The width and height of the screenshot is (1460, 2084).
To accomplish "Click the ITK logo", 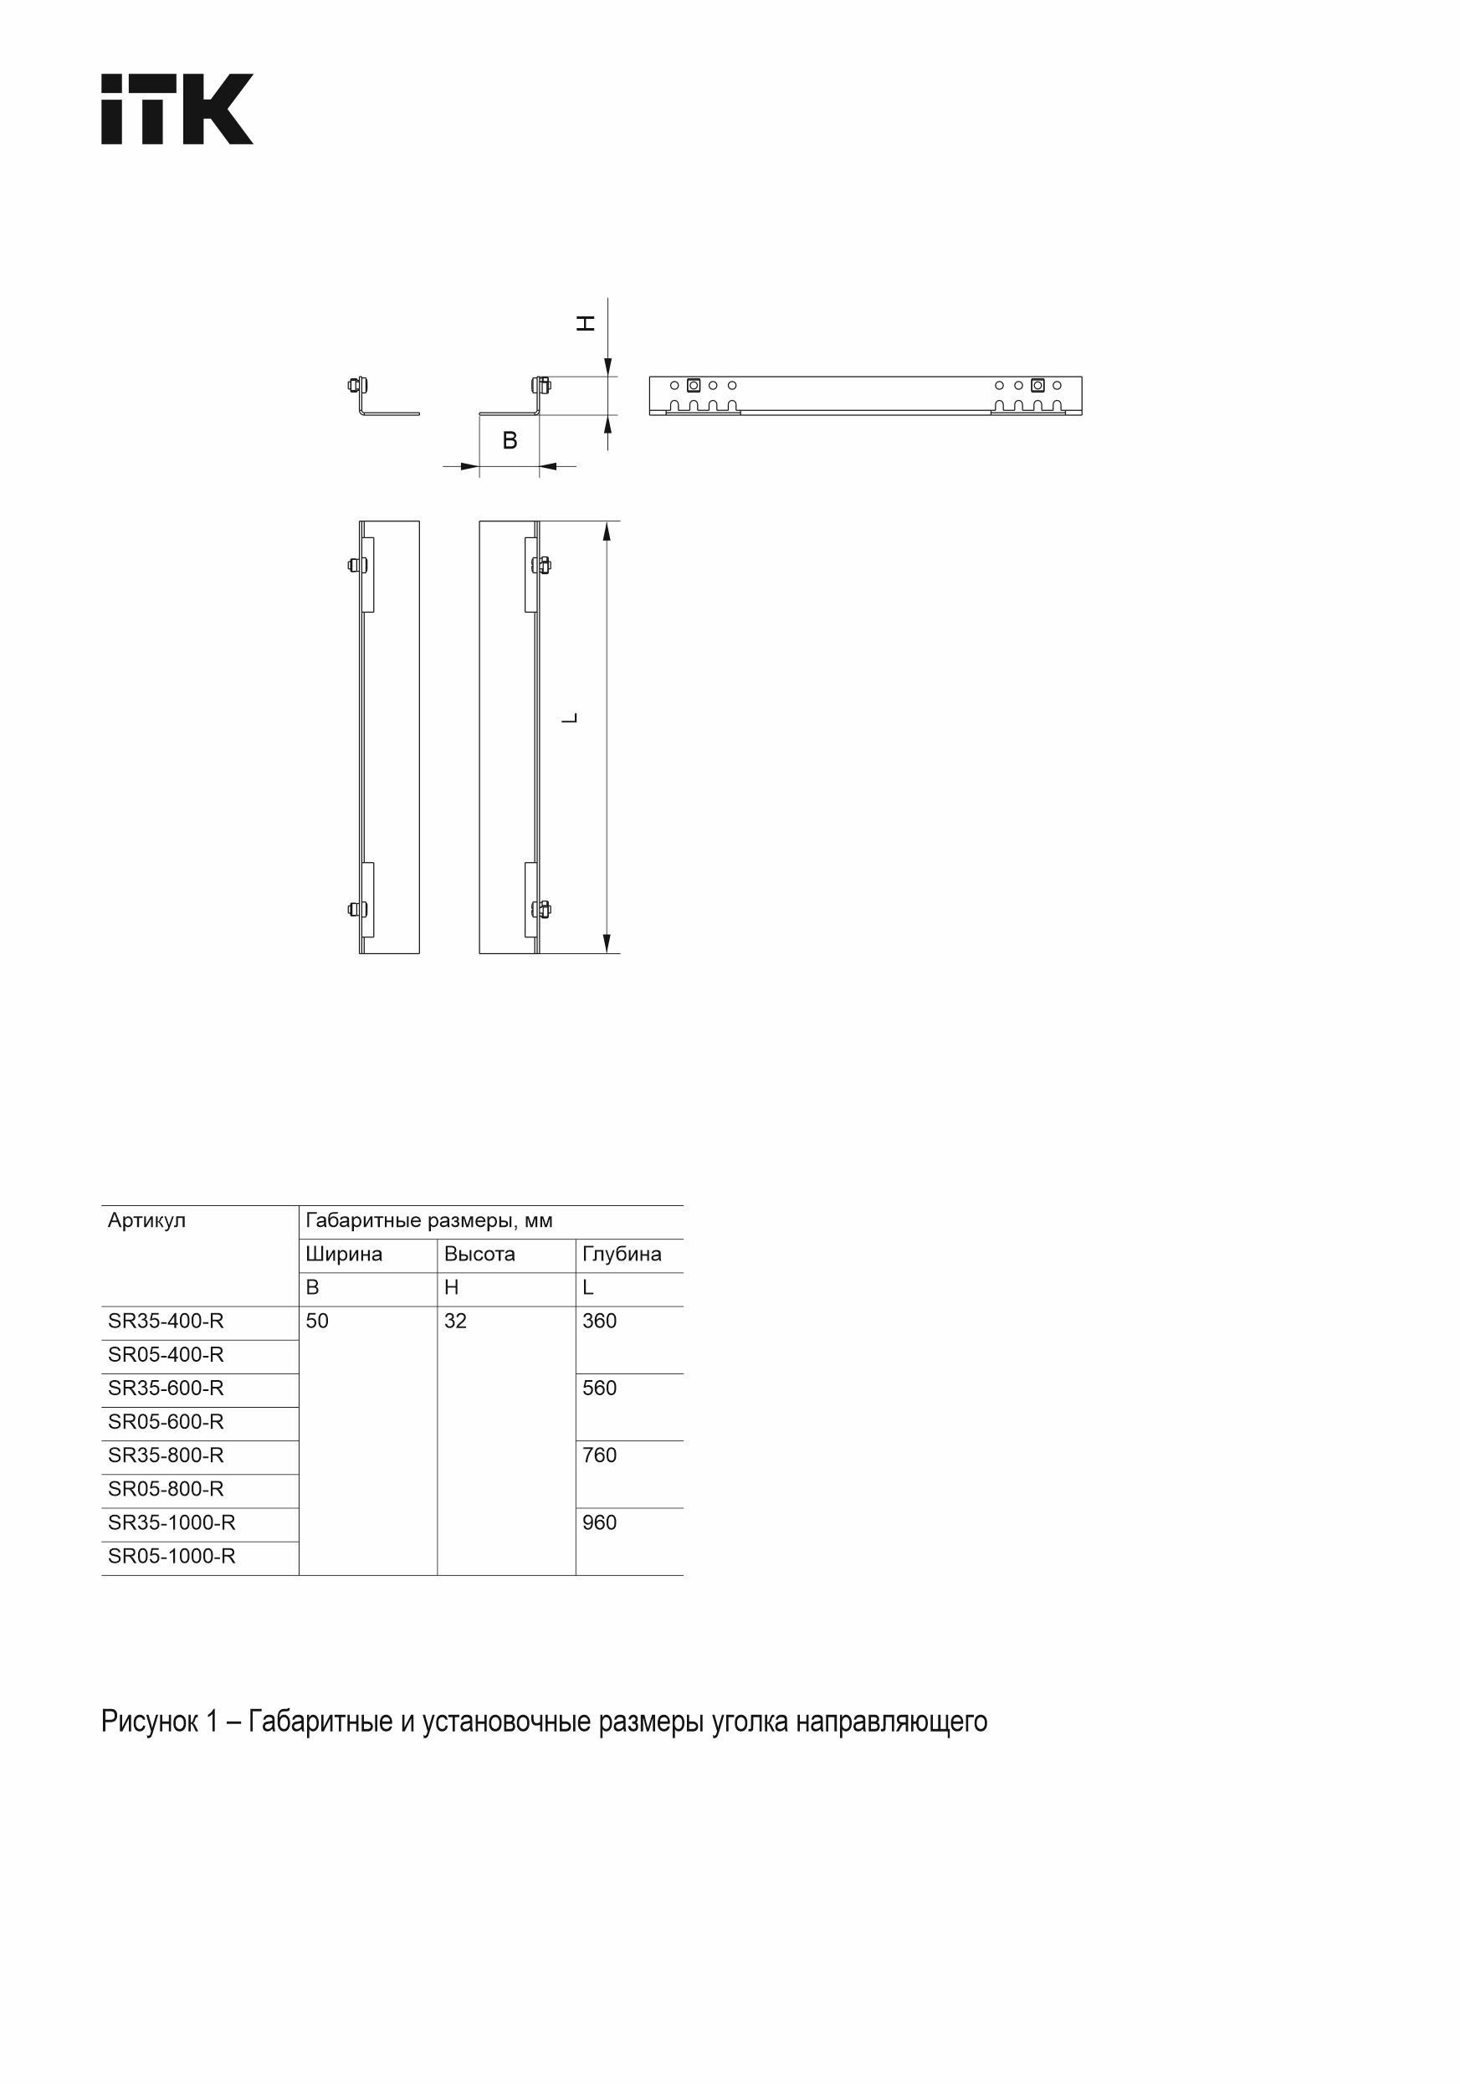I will (x=177, y=109).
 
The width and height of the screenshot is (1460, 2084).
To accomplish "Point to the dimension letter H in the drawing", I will (x=587, y=323).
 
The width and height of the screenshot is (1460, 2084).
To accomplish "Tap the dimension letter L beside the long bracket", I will (x=570, y=718).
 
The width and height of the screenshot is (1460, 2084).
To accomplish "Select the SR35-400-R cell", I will (x=165, y=1321).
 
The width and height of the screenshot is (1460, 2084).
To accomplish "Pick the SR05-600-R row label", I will (x=165, y=1421).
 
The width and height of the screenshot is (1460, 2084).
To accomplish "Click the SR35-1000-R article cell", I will (x=172, y=1522).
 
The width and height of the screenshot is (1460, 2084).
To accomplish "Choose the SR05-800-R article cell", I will (x=165, y=1489).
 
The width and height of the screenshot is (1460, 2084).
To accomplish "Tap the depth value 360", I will (x=599, y=1321).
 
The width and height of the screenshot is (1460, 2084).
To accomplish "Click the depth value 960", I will (x=599, y=1522).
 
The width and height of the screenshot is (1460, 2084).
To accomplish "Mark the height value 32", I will (x=454, y=1321).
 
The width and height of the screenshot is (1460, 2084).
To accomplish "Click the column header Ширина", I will (x=343, y=1254).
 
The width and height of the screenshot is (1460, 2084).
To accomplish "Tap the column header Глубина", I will (x=622, y=1254).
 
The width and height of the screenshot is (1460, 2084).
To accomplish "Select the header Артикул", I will (x=146, y=1220).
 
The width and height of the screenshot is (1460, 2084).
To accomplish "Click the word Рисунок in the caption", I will (x=149, y=1722).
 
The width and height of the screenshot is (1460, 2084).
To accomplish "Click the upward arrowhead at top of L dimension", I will (x=607, y=531).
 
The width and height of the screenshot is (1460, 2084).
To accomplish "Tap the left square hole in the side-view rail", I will (x=694, y=385).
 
